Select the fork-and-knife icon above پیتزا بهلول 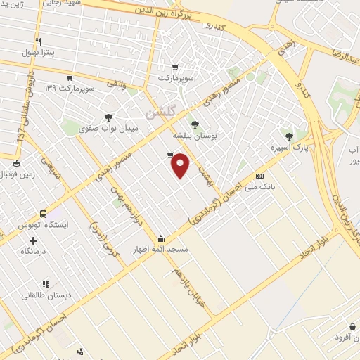click(38, 41)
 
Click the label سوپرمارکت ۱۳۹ click(70, 88)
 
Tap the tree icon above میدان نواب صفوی click(108, 117)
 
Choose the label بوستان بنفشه click(195, 135)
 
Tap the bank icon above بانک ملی click(259, 176)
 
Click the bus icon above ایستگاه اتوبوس click(44, 214)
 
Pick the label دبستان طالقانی click(46, 295)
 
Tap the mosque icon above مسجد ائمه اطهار click(161, 238)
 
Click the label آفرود click(346, 337)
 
